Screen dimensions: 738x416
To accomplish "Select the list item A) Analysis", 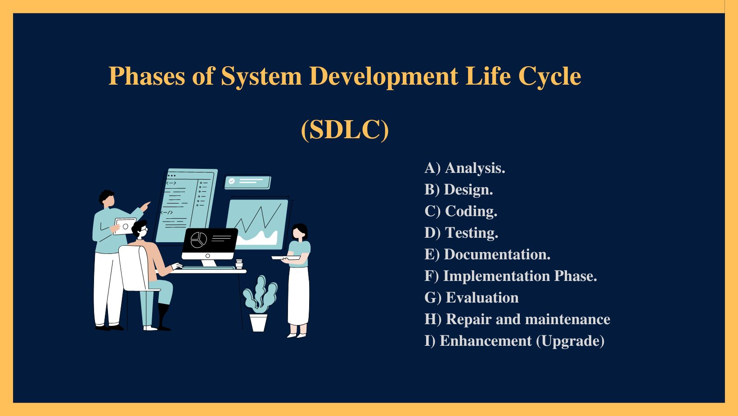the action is [x=464, y=168].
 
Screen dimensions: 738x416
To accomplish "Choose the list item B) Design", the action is [x=459, y=190].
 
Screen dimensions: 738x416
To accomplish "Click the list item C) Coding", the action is [x=461, y=211].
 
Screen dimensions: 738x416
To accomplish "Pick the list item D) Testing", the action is [x=461, y=233].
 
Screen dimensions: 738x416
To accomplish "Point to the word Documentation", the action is [x=497, y=254].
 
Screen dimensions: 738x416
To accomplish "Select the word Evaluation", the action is [x=482, y=298].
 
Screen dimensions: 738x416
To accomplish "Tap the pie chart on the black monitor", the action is [x=198, y=240].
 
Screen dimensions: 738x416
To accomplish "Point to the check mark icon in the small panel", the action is [x=232, y=181].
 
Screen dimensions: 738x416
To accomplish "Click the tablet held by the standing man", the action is [x=125, y=226].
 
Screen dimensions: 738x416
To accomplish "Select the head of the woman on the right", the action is [x=300, y=232].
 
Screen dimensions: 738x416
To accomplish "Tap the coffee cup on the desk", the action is [x=239, y=264].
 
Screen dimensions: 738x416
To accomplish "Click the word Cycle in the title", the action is [x=549, y=77].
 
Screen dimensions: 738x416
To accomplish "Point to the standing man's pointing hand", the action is [x=145, y=206].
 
